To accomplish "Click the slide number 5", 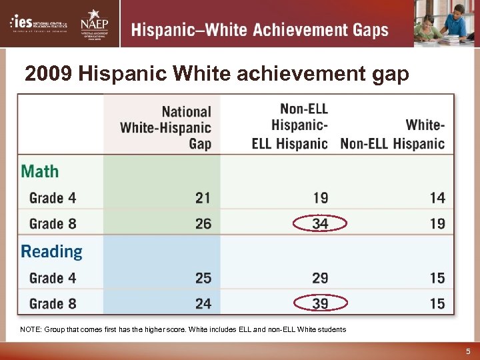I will tap(468, 351).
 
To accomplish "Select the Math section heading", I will tap(40, 171).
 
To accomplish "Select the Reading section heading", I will tap(52, 251).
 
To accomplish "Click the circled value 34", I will tap(320, 224).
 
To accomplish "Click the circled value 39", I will tap(320, 304).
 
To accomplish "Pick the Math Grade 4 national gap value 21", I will tap(203, 198).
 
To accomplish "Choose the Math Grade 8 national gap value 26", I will tap(203, 224).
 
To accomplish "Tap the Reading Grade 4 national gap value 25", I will tap(203, 277).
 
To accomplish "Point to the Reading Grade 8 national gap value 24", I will tap(203, 304).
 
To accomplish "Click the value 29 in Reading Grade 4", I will tap(320, 277).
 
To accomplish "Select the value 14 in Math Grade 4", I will tap(437, 198).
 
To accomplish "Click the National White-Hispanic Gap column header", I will tap(166, 127).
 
